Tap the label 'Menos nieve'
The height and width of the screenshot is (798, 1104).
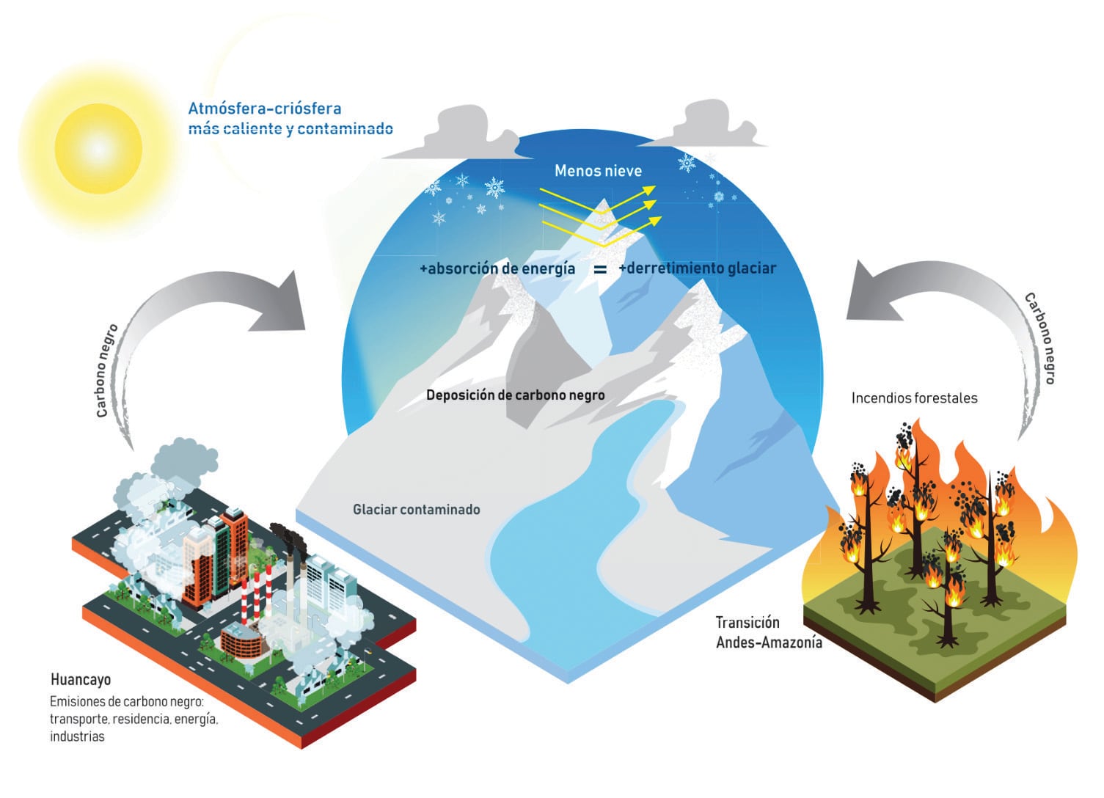(598, 171)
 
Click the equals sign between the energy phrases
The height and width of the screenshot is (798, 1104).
(599, 270)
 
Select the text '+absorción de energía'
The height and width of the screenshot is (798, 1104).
(497, 268)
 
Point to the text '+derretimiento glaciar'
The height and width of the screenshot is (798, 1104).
(697, 268)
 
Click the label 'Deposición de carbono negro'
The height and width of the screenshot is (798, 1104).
(515, 395)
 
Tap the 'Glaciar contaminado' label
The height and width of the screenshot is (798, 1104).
(416, 509)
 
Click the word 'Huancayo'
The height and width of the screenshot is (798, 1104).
(81, 679)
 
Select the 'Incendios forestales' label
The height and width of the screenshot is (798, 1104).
(914, 398)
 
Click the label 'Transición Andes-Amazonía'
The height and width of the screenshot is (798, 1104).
(768, 632)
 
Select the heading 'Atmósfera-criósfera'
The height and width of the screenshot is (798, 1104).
(265, 109)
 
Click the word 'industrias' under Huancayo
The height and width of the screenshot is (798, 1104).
(77, 736)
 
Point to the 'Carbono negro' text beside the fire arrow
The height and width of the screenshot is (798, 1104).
(1039, 338)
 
